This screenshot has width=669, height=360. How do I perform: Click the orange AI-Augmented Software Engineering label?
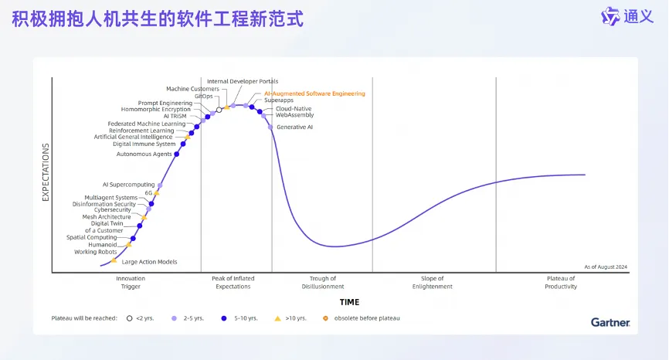314,93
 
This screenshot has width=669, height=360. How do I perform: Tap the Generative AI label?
294,127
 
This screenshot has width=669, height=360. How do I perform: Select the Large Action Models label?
149,262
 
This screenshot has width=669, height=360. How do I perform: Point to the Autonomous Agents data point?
177,154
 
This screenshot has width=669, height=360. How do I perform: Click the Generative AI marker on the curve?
270,127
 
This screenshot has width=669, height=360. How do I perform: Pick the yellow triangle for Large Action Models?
114,260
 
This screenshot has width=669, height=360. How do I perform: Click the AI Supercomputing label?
128,185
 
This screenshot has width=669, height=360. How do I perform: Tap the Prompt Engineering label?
165,104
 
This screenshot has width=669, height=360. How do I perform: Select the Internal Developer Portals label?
243,81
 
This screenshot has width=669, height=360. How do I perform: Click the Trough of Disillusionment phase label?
323,283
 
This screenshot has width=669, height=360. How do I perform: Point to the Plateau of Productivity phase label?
561,283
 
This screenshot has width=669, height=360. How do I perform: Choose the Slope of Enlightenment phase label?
432,283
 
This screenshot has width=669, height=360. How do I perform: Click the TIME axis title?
349,302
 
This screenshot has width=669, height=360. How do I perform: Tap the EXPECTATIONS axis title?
46,172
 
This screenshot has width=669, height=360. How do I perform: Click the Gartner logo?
610,322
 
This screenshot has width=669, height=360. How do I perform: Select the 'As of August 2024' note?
606,267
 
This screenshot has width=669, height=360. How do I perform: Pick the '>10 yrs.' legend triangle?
278,318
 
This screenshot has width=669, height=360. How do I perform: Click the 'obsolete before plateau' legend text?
367,318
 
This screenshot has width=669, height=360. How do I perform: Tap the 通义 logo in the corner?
627,17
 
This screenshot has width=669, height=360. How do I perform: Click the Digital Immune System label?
144,144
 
